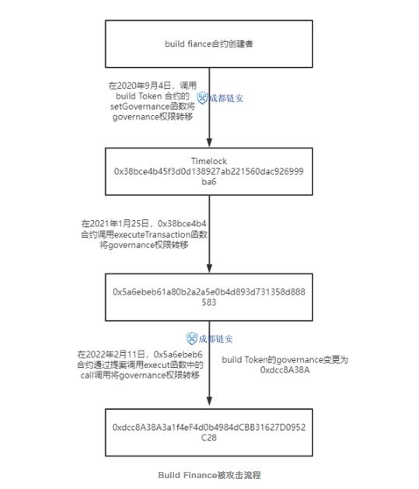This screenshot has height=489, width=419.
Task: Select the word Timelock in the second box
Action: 209,161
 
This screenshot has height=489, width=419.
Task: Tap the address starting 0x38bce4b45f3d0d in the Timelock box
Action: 209,176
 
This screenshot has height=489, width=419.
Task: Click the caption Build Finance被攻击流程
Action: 210,475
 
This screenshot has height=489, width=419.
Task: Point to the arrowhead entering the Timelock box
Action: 210,142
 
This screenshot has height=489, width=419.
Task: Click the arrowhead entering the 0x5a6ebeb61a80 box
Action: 210,268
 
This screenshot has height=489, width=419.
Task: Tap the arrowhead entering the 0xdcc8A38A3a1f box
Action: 210,401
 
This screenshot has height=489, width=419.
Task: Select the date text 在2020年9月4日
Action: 140,86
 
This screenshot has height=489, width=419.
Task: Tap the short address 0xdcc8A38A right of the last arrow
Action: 285,370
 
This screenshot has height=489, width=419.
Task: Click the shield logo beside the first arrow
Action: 202,98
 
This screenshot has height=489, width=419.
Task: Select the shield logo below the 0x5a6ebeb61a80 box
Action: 192,339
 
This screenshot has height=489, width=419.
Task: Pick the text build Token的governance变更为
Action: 285,360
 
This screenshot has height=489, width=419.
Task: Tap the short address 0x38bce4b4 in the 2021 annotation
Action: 182,224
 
